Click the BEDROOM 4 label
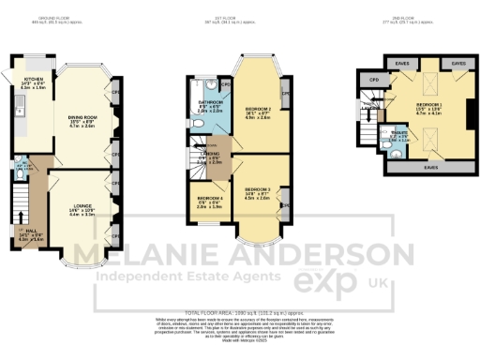[x=209, y=201]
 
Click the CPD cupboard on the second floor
[x=373, y=80]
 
